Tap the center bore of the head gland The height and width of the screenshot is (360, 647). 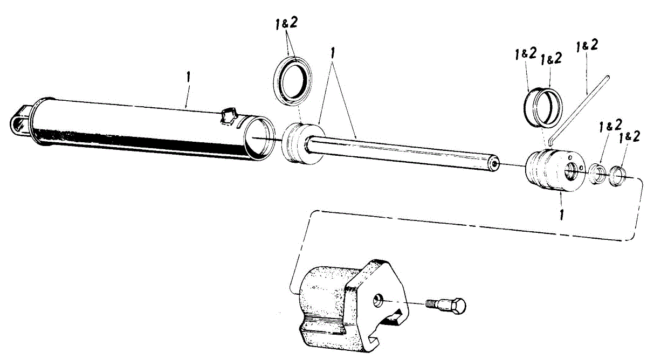[570, 174]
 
